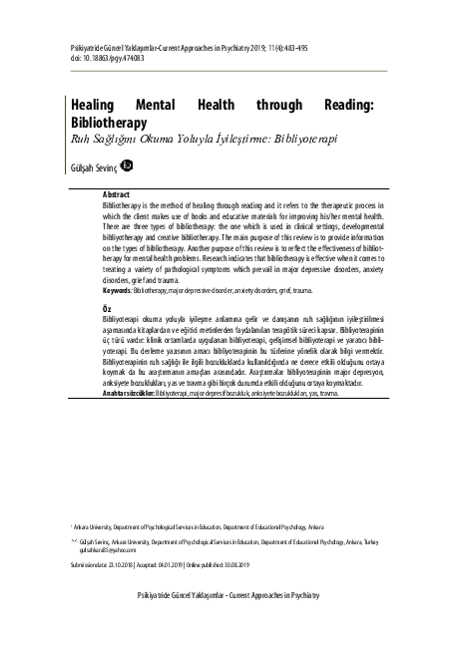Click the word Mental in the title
tap(169, 104)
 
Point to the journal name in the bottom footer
tap(228, 594)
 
